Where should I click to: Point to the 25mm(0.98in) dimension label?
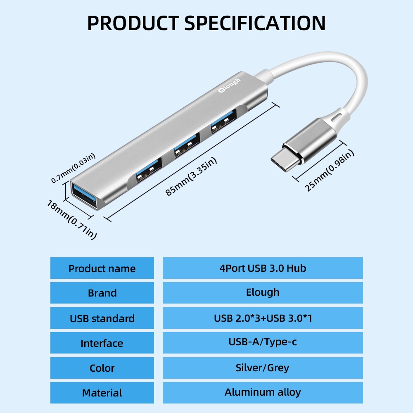pyautogui.click(x=330, y=171)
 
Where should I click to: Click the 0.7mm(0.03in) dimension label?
pyautogui.click(x=73, y=168)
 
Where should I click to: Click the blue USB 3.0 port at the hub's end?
pyautogui.click(x=85, y=195)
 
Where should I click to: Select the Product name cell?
pyautogui.click(x=102, y=268)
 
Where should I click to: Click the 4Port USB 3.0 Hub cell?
pyautogui.click(x=263, y=268)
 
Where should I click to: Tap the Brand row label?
pyautogui.click(x=102, y=293)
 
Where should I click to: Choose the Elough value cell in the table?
pyautogui.click(x=263, y=292)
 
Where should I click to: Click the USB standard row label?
pyautogui.click(x=102, y=318)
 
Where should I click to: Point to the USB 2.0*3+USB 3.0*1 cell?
pyautogui.click(x=263, y=318)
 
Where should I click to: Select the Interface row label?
pyautogui.click(x=102, y=343)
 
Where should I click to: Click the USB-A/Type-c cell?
pyautogui.click(x=263, y=342)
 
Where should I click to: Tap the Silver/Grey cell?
pyautogui.click(x=263, y=368)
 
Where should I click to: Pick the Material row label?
pyautogui.click(x=102, y=393)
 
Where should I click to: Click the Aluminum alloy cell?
pyautogui.click(x=263, y=392)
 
